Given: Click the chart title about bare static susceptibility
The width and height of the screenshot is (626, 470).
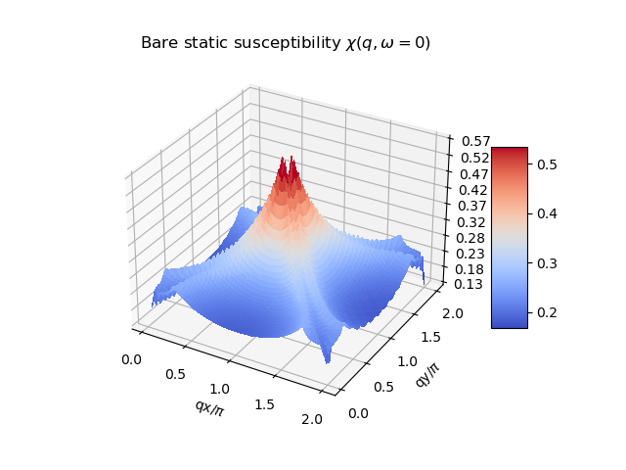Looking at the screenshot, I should pos(286,43).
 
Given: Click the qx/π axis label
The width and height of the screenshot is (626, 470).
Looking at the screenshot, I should pos(209,408).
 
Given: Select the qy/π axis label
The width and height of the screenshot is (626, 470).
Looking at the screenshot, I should pos(427,373).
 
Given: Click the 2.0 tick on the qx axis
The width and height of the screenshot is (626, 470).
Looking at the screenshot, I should pos(312,419).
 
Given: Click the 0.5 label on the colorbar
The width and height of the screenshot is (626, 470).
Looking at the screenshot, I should pos(546,164).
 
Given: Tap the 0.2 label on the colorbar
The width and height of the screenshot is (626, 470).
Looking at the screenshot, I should pos(546,312).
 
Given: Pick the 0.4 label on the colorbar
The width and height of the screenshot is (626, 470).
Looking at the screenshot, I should pos(546,213).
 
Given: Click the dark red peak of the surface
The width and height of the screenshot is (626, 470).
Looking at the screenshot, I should pos(288,171).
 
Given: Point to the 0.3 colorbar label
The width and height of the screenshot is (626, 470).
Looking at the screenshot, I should pos(546,263).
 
